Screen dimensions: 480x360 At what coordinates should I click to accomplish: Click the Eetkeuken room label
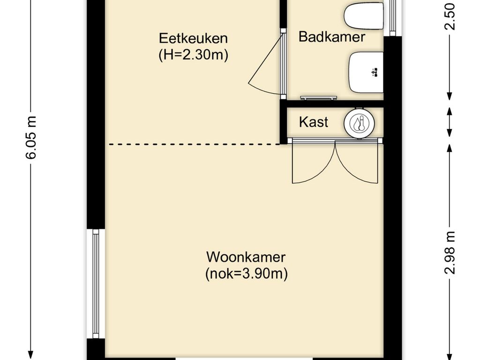click(193, 38)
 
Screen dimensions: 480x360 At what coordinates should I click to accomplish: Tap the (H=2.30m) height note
click(193, 55)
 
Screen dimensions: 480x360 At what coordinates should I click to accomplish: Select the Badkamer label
click(331, 37)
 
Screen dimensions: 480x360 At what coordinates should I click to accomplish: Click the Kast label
click(314, 122)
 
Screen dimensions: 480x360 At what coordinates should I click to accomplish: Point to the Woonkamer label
click(246, 257)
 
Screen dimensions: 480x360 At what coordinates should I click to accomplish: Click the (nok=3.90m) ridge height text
click(247, 273)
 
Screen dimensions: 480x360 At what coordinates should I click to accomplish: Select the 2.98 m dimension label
click(450, 253)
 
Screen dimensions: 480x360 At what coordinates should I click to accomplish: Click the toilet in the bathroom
click(364, 16)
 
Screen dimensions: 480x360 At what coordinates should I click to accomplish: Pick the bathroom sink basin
click(366, 72)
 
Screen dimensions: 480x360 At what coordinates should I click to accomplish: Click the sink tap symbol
click(375, 73)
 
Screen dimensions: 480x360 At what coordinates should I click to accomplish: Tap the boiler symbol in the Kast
click(359, 123)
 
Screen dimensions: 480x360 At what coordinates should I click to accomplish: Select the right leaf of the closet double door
click(357, 162)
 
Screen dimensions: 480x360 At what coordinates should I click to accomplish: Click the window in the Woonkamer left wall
click(96, 284)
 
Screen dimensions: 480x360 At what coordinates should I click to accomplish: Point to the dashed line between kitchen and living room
click(195, 144)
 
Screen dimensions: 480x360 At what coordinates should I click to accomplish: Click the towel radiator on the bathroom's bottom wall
click(318, 97)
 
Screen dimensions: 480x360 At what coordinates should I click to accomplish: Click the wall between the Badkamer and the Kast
click(332, 104)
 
